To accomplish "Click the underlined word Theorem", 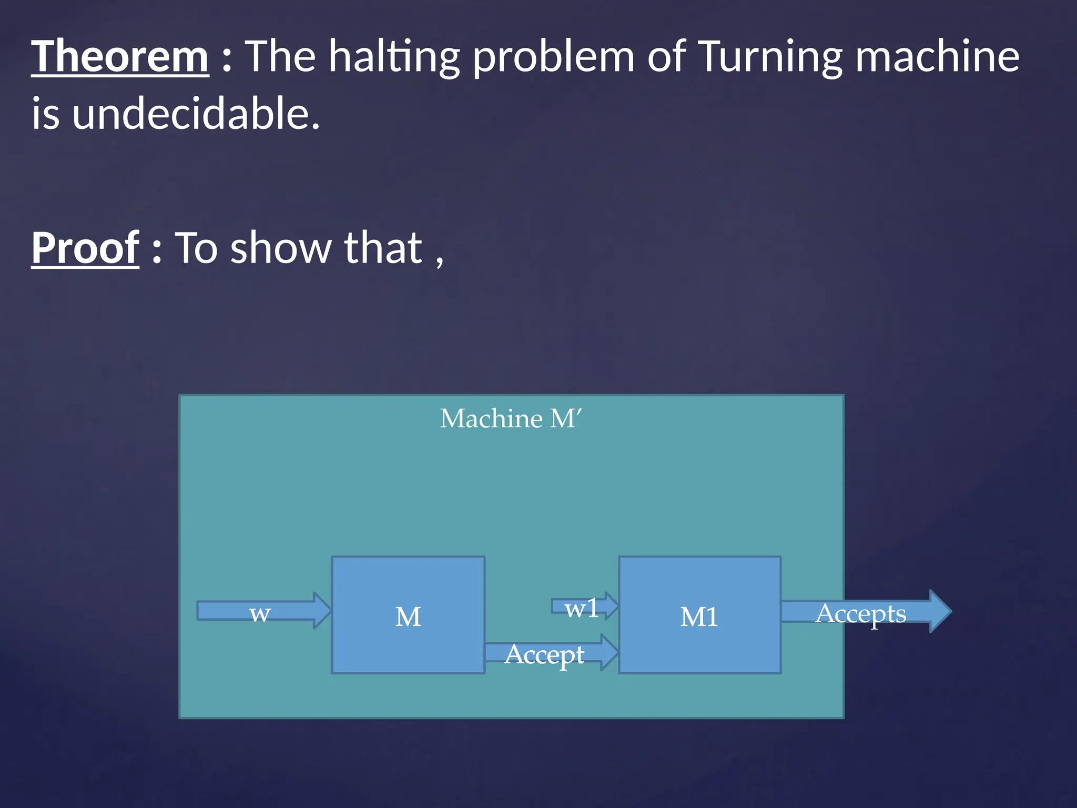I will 120,56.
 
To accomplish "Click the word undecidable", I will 196,114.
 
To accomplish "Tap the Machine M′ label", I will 511,419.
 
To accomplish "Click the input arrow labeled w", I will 263,611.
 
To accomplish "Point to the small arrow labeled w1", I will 584,607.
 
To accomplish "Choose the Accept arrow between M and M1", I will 547,653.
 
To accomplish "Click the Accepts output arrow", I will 862,612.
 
